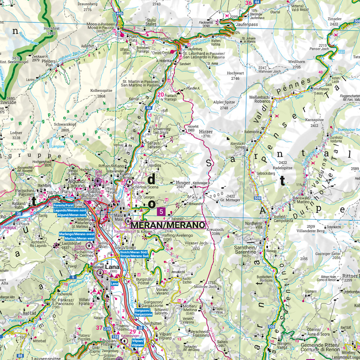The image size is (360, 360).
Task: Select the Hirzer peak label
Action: click(x=203, y=132)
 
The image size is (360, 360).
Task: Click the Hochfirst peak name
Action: click(x=50, y=27)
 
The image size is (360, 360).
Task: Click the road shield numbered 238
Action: click(x=107, y=329)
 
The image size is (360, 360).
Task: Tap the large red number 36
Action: click(x=248, y=3)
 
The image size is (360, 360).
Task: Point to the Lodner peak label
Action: click(x=17, y=132)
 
